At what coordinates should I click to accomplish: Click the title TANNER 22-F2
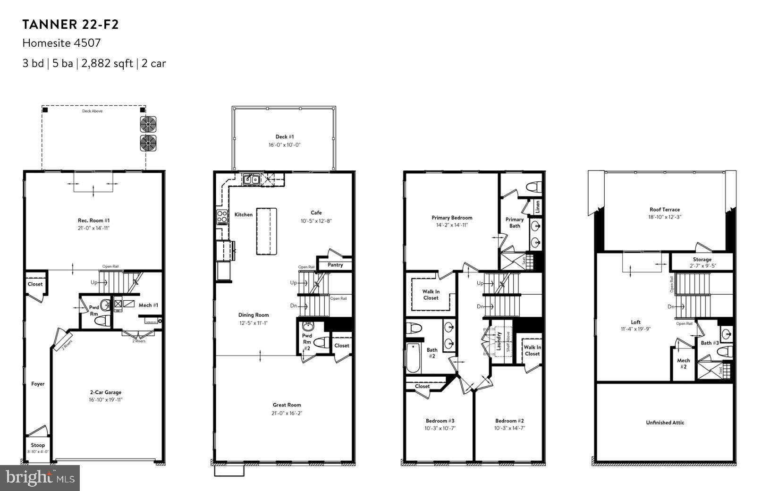pyautogui.click(x=70, y=25)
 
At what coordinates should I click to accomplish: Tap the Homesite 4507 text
pyautogui.click(x=61, y=43)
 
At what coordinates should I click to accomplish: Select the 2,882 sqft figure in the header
pyautogui.click(x=107, y=63)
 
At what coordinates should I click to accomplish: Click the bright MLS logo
pyautogui.click(x=40, y=478)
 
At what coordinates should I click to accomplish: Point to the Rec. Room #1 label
pyautogui.click(x=93, y=220)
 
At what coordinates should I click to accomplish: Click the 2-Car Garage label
pyautogui.click(x=105, y=392)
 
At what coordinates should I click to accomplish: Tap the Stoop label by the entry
pyautogui.click(x=38, y=445)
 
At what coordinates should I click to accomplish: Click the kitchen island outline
pyautogui.click(x=266, y=231)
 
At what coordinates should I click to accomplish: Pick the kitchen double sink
pyautogui.click(x=251, y=179)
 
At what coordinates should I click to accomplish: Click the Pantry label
pyautogui.click(x=335, y=265)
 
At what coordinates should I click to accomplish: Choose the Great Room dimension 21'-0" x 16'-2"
pyautogui.click(x=287, y=413)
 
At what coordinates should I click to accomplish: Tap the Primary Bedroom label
pyautogui.click(x=452, y=218)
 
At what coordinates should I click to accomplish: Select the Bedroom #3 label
pyautogui.click(x=440, y=421)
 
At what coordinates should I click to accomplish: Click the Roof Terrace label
pyautogui.click(x=664, y=210)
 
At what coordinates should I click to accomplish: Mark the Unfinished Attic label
pyautogui.click(x=665, y=423)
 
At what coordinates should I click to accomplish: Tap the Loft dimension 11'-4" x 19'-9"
pyautogui.click(x=635, y=329)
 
